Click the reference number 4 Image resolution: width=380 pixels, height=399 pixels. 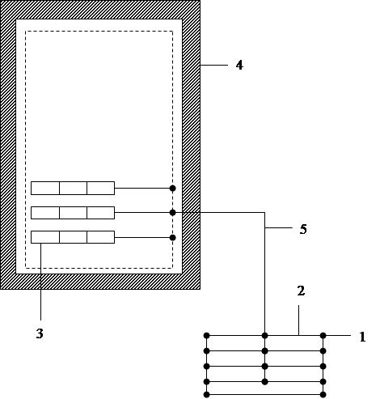click(239, 66)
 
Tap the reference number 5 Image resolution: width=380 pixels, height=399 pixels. click(303, 229)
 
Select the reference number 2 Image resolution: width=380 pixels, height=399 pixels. click(301, 291)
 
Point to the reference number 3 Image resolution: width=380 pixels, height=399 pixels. click(40, 333)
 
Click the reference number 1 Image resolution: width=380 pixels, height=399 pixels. click(362, 337)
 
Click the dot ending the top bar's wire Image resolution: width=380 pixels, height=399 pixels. click(173, 189)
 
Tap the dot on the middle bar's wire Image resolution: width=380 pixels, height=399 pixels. click(173, 213)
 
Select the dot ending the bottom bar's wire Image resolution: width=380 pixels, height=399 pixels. click(173, 237)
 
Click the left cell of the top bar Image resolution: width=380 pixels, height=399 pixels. click(45, 188)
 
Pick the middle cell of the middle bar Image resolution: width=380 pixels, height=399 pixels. click(73, 213)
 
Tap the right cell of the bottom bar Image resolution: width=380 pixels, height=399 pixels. click(101, 237)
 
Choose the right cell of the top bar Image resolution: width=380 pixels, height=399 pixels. click(101, 188)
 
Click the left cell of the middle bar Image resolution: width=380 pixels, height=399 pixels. click(45, 213)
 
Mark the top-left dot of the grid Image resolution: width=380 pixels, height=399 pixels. click(206, 335)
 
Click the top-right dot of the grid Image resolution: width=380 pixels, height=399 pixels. click(323, 335)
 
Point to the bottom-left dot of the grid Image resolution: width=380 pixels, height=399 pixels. click(206, 395)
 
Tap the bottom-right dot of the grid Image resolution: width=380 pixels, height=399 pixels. click(323, 395)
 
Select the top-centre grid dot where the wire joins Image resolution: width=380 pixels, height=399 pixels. click(264, 335)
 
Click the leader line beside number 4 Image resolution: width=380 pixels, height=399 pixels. click(214, 65)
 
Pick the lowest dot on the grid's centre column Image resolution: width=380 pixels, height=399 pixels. click(264, 382)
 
